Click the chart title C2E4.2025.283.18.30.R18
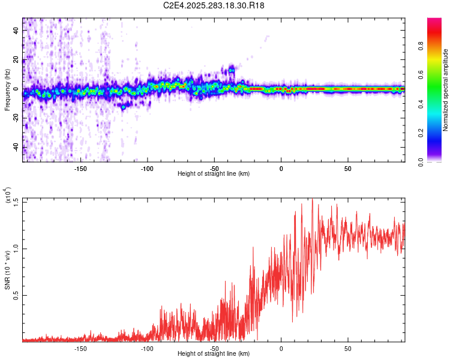coord(214,5)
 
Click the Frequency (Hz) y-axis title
coord(7,90)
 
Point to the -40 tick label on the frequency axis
coord(16,148)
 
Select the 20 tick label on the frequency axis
coord(16,60)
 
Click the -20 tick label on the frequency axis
coord(16,118)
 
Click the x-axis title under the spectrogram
coord(214,174)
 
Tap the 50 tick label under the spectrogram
coord(347,168)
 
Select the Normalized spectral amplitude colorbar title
coord(446,90)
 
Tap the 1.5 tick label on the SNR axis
coord(16,202)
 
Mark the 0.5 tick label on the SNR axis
coord(16,296)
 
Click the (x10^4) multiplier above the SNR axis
coord(8,196)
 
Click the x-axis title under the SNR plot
coord(214,354)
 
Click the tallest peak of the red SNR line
coord(312,199)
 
